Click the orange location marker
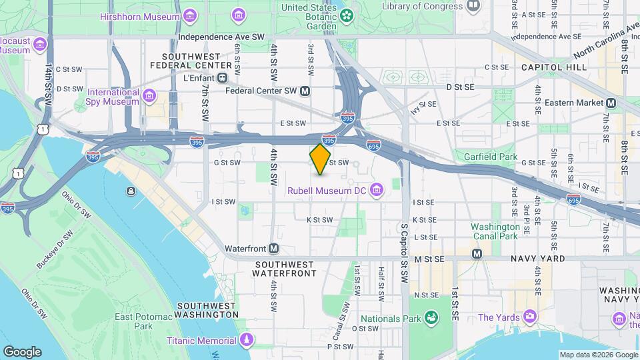(x=321, y=159)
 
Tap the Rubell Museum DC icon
(x=377, y=191)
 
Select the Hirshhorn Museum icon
(x=191, y=15)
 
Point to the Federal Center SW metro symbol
(x=305, y=91)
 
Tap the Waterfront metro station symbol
(x=273, y=249)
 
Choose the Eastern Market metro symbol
(x=611, y=103)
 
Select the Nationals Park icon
(x=431, y=319)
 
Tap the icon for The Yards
(x=531, y=315)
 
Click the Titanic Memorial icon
(x=247, y=341)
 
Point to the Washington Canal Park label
(x=495, y=231)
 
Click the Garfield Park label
(x=494, y=157)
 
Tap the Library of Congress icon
(x=473, y=6)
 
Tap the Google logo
(x=22, y=351)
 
